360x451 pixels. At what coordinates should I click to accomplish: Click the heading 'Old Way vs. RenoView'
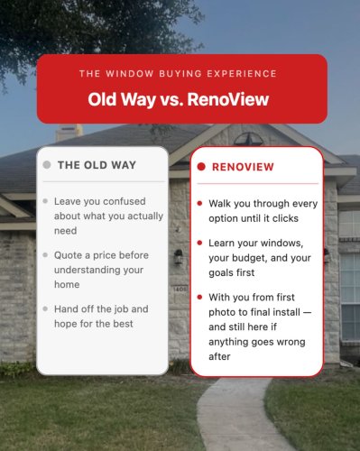point(181,98)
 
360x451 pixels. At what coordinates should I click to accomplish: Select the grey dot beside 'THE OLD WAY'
point(46,165)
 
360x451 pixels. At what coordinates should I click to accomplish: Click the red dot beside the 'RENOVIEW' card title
point(201,167)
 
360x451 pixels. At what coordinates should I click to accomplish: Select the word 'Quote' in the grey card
point(69,255)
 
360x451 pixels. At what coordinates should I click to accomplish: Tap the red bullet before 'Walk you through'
point(199,203)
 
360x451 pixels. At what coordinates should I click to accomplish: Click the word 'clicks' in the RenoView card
point(287,218)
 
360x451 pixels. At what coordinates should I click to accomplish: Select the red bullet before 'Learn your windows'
point(199,243)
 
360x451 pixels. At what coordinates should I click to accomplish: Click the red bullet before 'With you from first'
point(199,296)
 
